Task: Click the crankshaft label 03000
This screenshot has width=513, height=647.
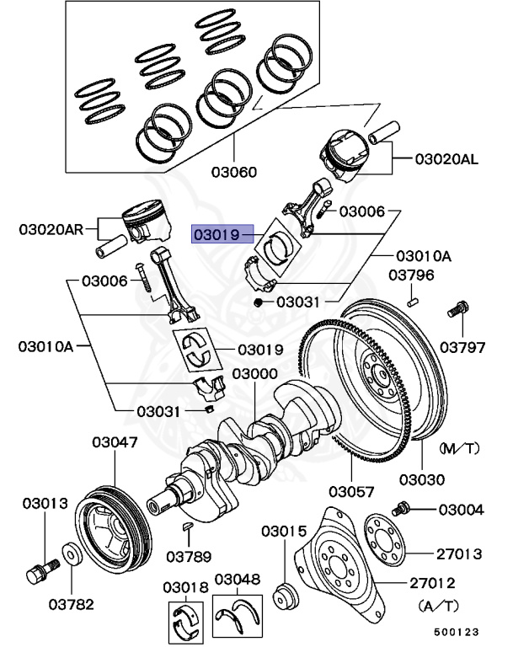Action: tap(255, 373)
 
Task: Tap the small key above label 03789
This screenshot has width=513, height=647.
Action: tap(189, 527)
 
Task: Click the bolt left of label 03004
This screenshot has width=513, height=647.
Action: tap(401, 509)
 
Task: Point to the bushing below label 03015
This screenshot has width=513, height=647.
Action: tap(286, 593)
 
